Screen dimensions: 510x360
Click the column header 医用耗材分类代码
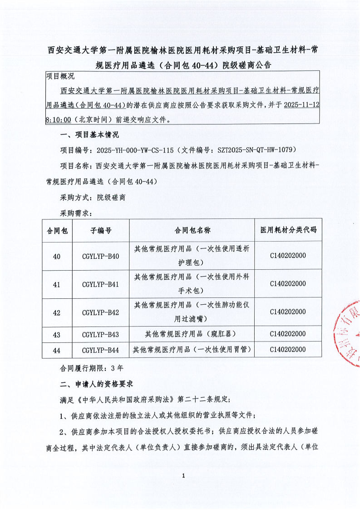(x=288, y=231)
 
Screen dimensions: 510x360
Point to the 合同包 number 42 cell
(x=57, y=312)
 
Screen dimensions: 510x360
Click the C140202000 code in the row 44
(x=288, y=350)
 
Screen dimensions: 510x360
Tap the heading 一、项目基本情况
(x=89, y=135)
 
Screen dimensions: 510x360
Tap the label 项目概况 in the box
(x=60, y=76)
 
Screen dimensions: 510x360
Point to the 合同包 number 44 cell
(x=57, y=350)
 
